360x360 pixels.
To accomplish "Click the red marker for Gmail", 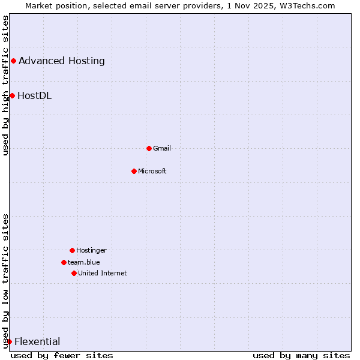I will tap(149, 148).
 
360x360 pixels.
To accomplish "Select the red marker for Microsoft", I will tap(134, 171).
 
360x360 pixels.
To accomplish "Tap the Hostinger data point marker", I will tap(72, 250).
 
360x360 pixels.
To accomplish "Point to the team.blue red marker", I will tap(64, 262).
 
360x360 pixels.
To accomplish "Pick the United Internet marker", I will tap(74, 273).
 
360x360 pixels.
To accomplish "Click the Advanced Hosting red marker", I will tap(13, 61).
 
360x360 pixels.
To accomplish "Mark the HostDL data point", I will tap(12, 95).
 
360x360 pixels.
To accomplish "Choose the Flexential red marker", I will tap(9, 341).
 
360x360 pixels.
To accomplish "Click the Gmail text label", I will tap(162, 148).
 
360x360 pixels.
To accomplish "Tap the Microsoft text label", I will tap(152, 171).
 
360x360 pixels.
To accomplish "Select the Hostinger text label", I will tap(91, 250).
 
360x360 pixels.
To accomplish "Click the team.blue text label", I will tap(84, 262).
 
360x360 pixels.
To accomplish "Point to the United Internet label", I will tap(103, 273).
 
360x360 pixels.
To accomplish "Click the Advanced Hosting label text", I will tap(62, 61).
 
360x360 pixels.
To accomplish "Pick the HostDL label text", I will tap(35, 95).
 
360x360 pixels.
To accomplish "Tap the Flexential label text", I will tap(37, 342).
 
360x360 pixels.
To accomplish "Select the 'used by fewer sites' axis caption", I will tap(62, 355).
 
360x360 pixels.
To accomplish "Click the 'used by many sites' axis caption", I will tap(301, 355).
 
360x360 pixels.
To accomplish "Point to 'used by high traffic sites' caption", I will tap(5, 86).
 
